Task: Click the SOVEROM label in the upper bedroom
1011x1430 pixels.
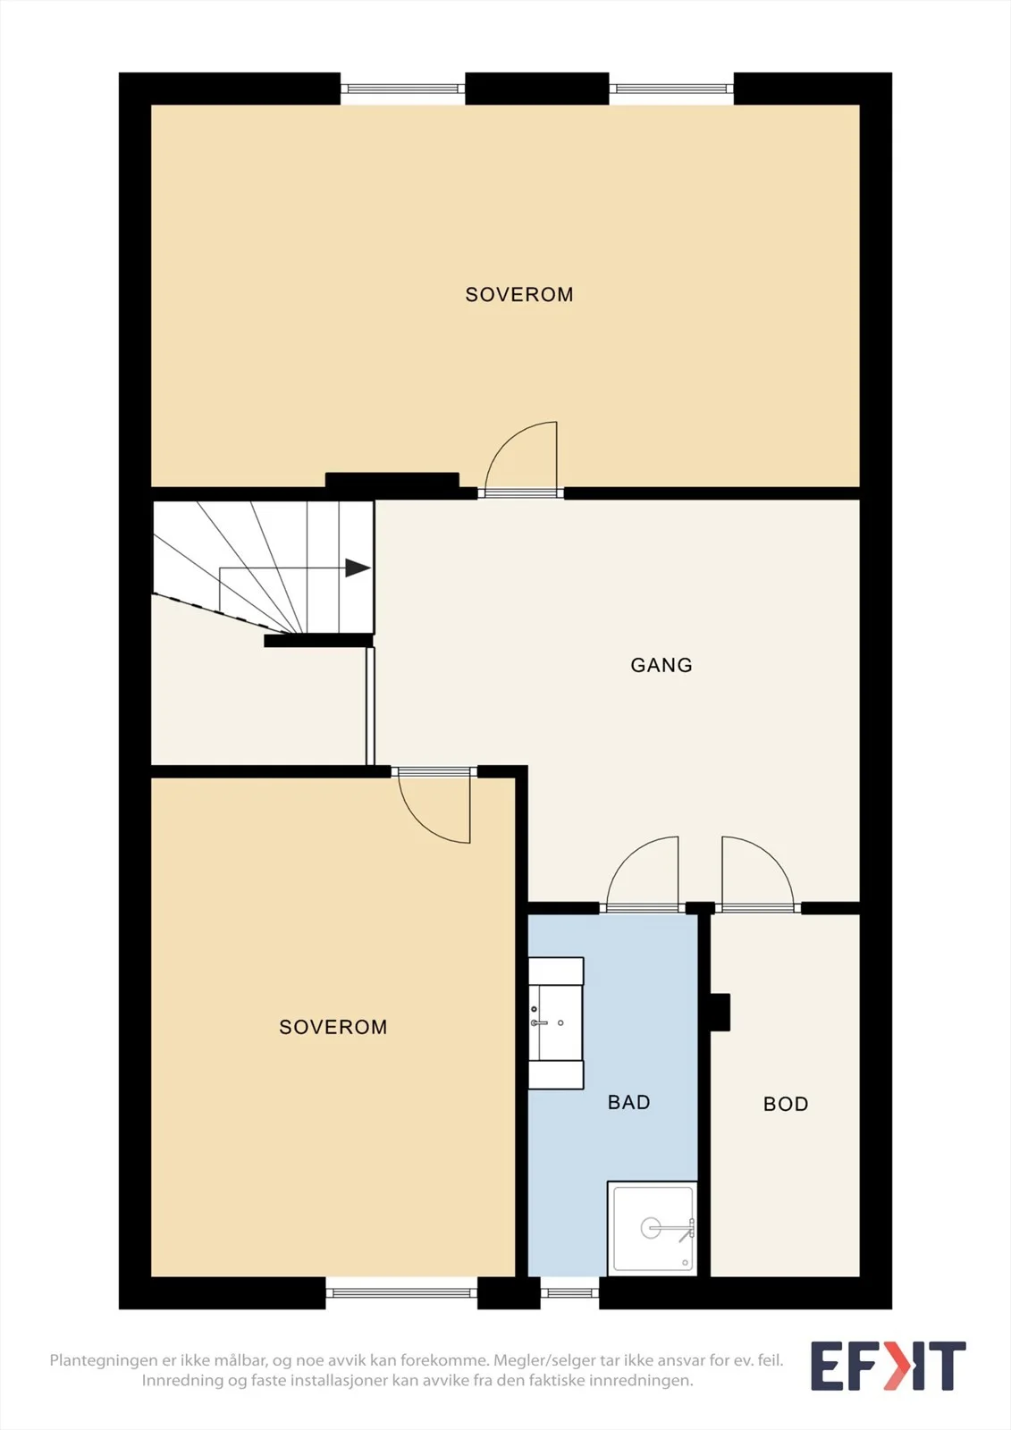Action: tap(518, 294)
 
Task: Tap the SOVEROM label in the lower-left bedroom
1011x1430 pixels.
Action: tap(333, 1027)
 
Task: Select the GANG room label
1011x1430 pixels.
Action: tap(661, 665)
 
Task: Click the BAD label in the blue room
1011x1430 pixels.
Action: tap(628, 1102)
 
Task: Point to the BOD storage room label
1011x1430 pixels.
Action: tap(786, 1104)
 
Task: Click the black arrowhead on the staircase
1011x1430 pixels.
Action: tap(358, 568)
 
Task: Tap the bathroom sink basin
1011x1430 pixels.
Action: tap(556, 1022)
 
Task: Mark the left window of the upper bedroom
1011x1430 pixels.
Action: tap(402, 88)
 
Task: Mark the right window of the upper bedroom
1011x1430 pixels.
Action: tap(671, 88)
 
